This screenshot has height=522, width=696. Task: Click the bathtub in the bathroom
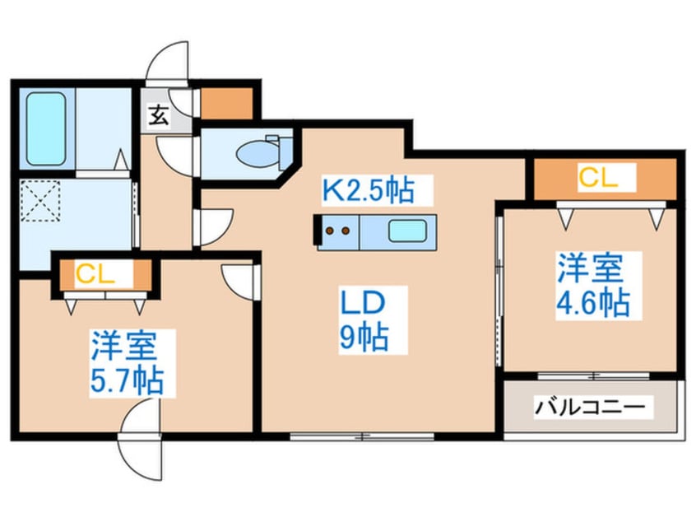coord(47,128)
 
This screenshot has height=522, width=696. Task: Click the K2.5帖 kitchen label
coord(366,192)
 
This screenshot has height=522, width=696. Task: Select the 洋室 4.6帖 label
coord(592,286)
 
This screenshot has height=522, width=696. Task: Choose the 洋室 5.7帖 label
coord(127,363)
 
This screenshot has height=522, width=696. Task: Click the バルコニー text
coord(592,406)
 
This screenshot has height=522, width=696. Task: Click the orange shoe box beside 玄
coord(225,101)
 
